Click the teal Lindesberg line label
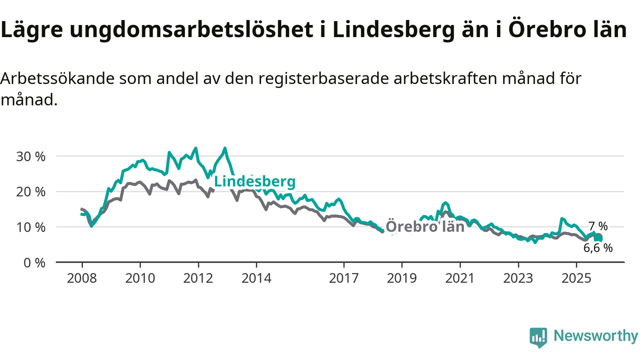(x=254, y=181)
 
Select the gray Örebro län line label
(x=425, y=226)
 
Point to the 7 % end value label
(x=597, y=226)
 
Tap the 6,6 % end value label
(x=597, y=247)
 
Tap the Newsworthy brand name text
(x=595, y=336)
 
